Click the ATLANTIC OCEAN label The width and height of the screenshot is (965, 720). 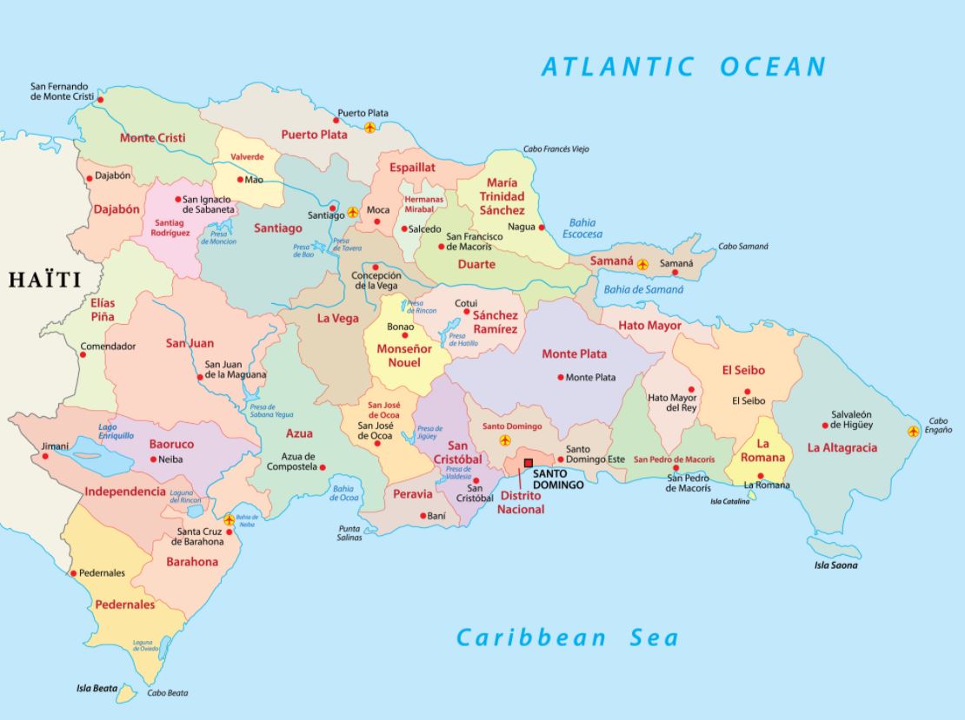[683, 66]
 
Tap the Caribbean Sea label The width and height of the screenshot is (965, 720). [567, 637]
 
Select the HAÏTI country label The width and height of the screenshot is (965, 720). [44, 280]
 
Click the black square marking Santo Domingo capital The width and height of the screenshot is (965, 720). [528, 463]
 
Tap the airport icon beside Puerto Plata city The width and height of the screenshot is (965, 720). [370, 128]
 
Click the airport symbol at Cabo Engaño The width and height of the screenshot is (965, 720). [913, 431]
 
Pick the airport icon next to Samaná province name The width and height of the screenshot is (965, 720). [642, 264]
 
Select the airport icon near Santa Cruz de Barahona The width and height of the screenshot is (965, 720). [229, 519]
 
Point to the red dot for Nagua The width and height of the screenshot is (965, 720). [542, 228]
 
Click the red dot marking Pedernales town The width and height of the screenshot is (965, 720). [73, 573]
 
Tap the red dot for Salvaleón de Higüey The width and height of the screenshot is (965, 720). [825, 426]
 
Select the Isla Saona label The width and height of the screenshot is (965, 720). [835, 565]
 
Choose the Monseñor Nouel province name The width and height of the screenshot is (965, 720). [403, 355]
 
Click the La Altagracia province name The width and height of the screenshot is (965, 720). [842, 448]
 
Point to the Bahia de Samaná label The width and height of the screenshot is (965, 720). [643, 289]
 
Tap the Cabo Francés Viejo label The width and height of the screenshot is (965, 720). [556, 149]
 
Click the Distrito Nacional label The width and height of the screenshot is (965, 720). [521, 502]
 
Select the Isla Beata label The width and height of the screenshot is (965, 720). [96, 689]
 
